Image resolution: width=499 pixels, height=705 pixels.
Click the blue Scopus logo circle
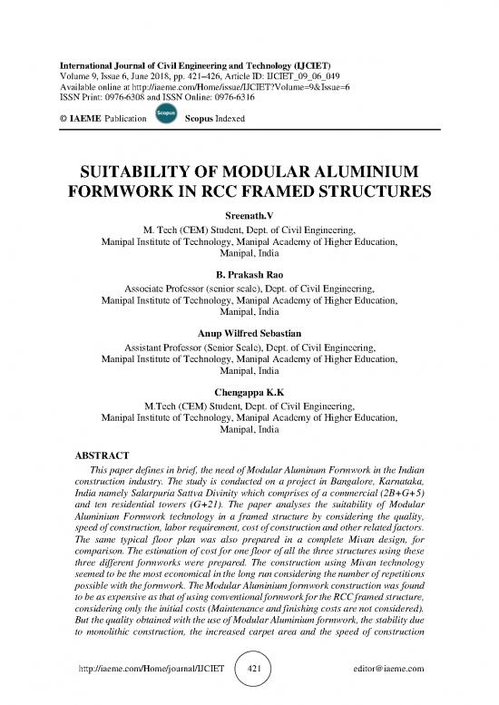tap(165, 115)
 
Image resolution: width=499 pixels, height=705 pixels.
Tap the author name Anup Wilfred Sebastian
tap(249, 333)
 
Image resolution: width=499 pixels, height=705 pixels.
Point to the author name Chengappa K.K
tap(249, 393)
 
